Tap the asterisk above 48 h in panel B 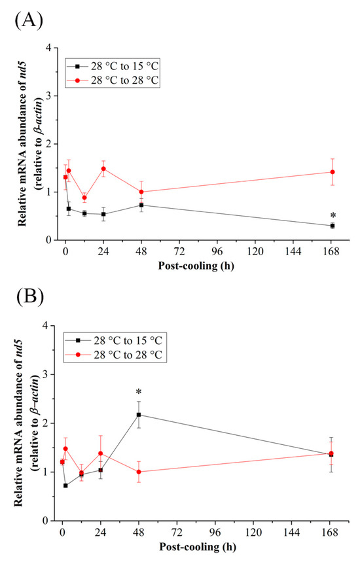(x=139, y=393)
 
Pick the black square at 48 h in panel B (x=139, y=414)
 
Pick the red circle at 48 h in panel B (x=139, y=472)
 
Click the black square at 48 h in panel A (x=142, y=205)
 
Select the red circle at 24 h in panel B (x=100, y=453)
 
